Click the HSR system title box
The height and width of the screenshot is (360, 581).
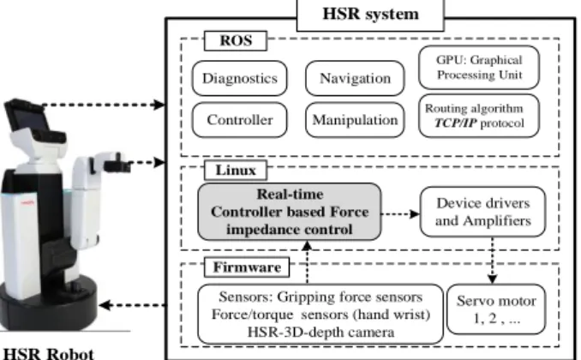click(x=370, y=15)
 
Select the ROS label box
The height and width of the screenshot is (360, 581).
click(x=236, y=41)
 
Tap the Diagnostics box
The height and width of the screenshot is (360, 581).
click(x=239, y=78)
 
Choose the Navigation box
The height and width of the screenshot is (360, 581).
click(x=355, y=78)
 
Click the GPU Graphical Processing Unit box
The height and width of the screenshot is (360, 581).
click(x=479, y=68)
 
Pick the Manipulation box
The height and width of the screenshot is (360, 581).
click(x=355, y=120)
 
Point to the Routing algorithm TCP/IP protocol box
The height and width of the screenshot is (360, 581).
click(x=479, y=116)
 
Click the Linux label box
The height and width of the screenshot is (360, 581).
click(x=236, y=171)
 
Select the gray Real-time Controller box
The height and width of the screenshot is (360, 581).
click(x=290, y=212)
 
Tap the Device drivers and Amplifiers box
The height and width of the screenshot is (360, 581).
click(x=482, y=212)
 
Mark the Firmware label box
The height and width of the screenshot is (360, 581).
click(x=247, y=267)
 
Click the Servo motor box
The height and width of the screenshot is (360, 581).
click(x=496, y=309)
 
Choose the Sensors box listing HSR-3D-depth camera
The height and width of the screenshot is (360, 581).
click(x=320, y=315)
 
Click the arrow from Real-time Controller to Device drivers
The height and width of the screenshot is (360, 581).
click(x=400, y=214)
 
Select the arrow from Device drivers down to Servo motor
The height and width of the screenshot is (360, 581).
click(x=493, y=261)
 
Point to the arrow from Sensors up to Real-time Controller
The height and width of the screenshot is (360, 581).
click(x=307, y=262)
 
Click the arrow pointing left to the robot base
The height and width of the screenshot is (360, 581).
click(x=132, y=305)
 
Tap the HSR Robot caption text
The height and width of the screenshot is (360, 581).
click(x=48, y=353)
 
